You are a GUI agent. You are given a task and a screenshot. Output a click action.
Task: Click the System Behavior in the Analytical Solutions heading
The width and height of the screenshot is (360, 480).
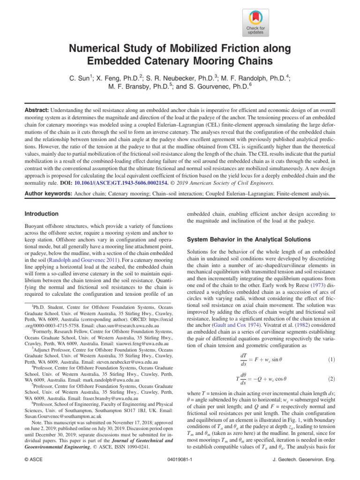point(248,239)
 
